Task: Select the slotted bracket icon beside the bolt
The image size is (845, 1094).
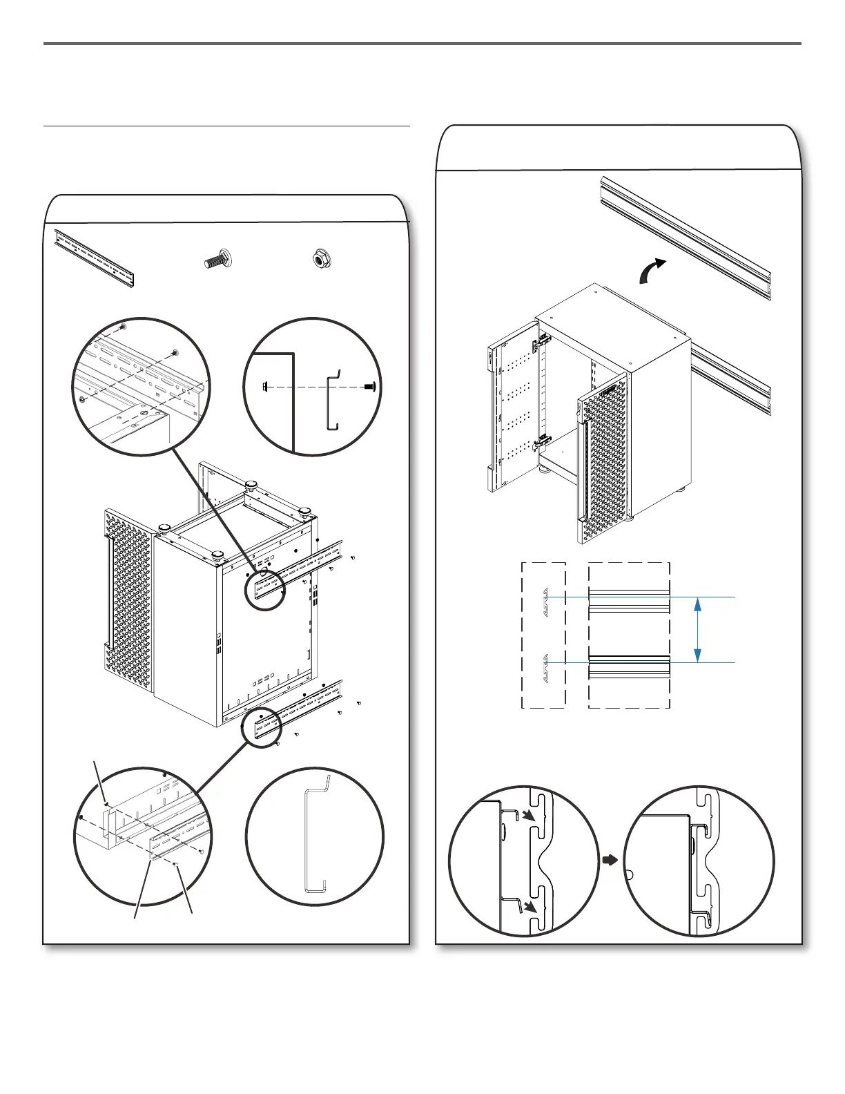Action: click(95, 258)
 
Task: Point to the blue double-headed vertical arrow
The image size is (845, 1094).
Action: click(699, 630)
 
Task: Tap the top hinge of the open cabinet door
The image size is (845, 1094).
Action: click(543, 340)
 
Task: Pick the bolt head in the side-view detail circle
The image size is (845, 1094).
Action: click(370, 387)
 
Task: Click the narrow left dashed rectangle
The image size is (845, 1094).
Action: click(543, 635)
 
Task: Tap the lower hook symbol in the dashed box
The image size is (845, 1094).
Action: click(545, 664)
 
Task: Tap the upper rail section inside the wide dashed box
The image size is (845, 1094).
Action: click(629, 599)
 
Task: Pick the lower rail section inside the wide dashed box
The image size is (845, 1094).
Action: click(629, 666)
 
